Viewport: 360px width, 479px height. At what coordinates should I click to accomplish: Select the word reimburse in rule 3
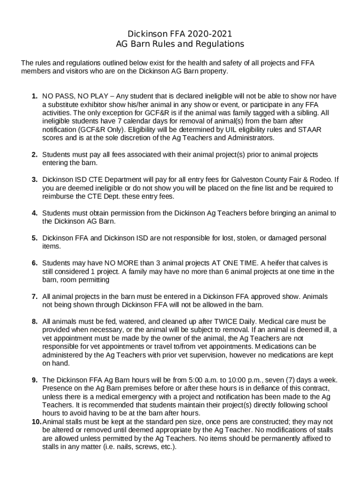pos(58,196)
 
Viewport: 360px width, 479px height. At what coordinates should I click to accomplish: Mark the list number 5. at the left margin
pos(35,238)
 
